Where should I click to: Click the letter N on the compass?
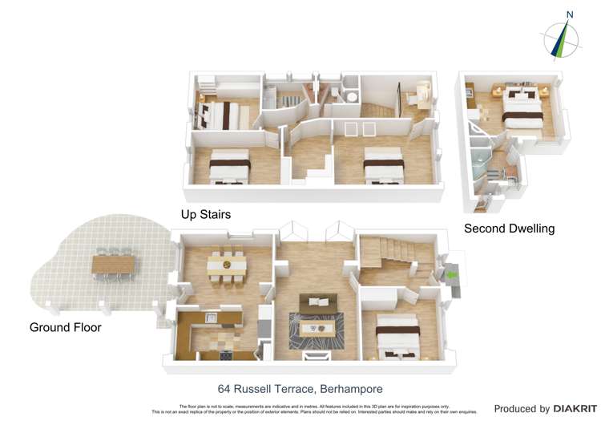[x=570, y=14]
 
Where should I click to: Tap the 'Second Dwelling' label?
[x=509, y=229]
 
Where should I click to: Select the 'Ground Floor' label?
[x=65, y=327]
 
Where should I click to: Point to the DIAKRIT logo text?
[x=570, y=409]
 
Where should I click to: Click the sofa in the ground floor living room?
[x=320, y=302]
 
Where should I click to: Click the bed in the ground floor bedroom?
[x=397, y=333]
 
